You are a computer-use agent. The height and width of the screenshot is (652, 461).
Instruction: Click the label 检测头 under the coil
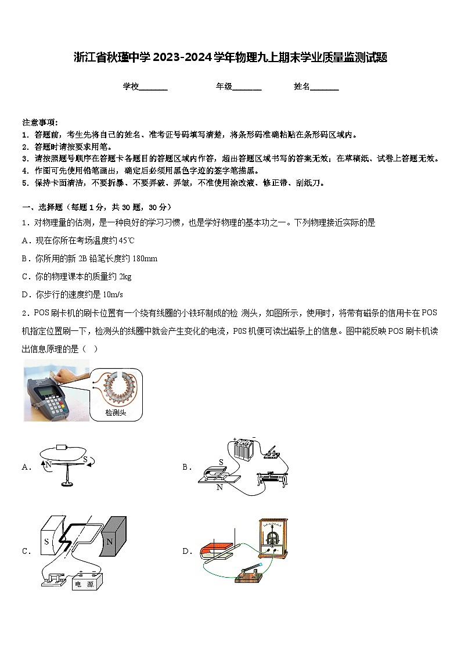(x=116, y=413)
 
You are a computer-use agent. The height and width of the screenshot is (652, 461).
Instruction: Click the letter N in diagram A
(x=48, y=464)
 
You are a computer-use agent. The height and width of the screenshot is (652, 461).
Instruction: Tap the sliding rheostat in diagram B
(x=273, y=479)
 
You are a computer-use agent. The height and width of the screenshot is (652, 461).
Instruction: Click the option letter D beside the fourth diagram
(x=187, y=552)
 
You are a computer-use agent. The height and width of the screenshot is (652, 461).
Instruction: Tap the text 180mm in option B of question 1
(x=145, y=258)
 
